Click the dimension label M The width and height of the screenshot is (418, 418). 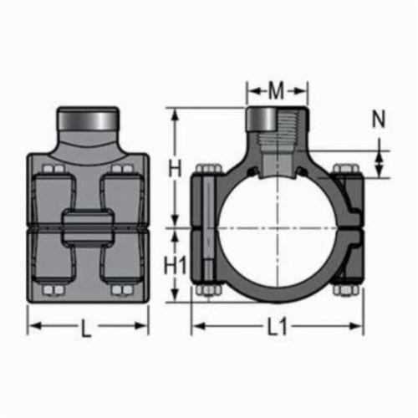(276, 90)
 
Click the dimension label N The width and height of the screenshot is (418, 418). (379, 119)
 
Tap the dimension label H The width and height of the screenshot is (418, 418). (175, 168)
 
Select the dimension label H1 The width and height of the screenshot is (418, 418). (175, 265)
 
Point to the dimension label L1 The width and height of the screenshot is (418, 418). (277, 327)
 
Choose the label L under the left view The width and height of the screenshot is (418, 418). (86, 329)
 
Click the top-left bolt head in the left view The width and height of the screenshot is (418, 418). (54, 169)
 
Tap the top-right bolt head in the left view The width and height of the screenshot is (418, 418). (122, 169)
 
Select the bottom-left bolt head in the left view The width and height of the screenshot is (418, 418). (54, 290)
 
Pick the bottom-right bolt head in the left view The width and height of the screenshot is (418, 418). (122, 290)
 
